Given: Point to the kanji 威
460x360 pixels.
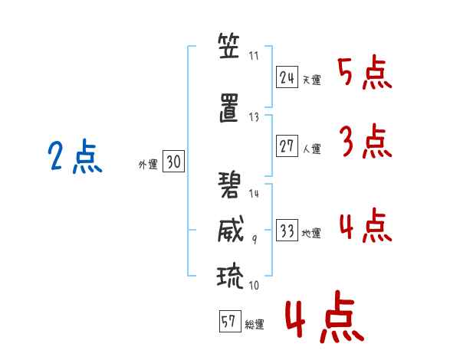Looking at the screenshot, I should coord(228,230).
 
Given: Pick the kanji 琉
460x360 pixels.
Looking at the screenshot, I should coord(228,274).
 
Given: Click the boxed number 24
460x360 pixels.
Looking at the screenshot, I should coord(287,77).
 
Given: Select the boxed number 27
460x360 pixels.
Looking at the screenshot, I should coord(287,146).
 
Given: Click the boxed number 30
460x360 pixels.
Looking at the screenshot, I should coord(172,162).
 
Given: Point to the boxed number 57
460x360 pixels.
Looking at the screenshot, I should coord(228,323).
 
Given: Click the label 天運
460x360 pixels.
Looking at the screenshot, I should coord(311,80).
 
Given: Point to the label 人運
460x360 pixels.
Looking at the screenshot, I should coord(311,149).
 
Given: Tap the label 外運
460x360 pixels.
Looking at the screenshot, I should coord(147,164).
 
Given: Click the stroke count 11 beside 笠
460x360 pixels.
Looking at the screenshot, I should coord(255,56).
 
